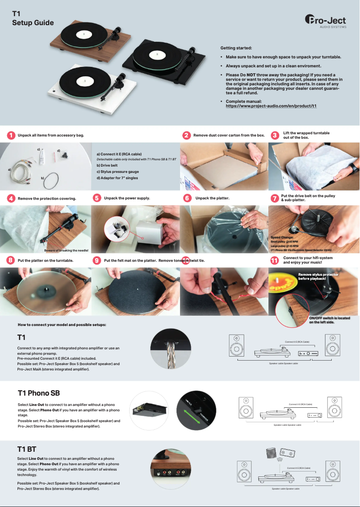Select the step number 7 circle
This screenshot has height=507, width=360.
(x=275, y=198)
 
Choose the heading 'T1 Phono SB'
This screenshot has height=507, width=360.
(x=39, y=393)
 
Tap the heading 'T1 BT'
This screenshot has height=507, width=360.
(x=26, y=449)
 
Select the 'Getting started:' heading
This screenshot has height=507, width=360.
(x=236, y=48)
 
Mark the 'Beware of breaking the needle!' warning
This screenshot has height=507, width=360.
(x=66, y=250)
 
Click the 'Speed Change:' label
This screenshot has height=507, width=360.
(x=282, y=237)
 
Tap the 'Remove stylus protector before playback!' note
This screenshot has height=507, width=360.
(x=318, y=276)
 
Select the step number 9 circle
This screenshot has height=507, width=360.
(x=97, y=260)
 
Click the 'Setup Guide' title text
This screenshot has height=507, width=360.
(x=33, y=23)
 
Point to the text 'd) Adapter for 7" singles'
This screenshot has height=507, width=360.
(x=117, y=178)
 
